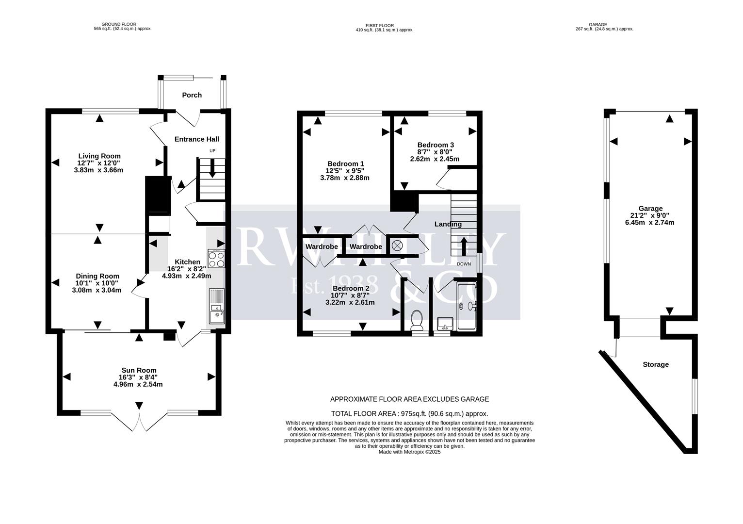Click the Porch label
tap(192, 95)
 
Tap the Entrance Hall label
tap(196, 139)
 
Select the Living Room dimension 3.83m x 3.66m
tap(98, 170)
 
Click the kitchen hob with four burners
tap(216, 259)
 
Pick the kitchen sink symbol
tap(216, 306)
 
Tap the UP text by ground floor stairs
tap(212, 151)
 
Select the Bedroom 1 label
tap(345, 164)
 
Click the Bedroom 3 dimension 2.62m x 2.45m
tap(435, 159)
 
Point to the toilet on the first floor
tap(417, 321)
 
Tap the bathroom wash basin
tap(445, 324)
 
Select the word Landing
tap(448, 224)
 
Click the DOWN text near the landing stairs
tap(464, 264)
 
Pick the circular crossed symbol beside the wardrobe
tap(397, 246)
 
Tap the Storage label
tap(655, 364)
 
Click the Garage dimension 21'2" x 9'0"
tap(650, 215)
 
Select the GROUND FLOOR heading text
tap(119, 24)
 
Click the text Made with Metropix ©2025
tap(409, 452)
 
